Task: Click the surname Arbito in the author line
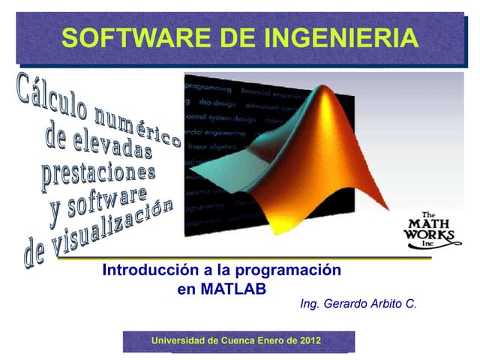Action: (x=388, y=304)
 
